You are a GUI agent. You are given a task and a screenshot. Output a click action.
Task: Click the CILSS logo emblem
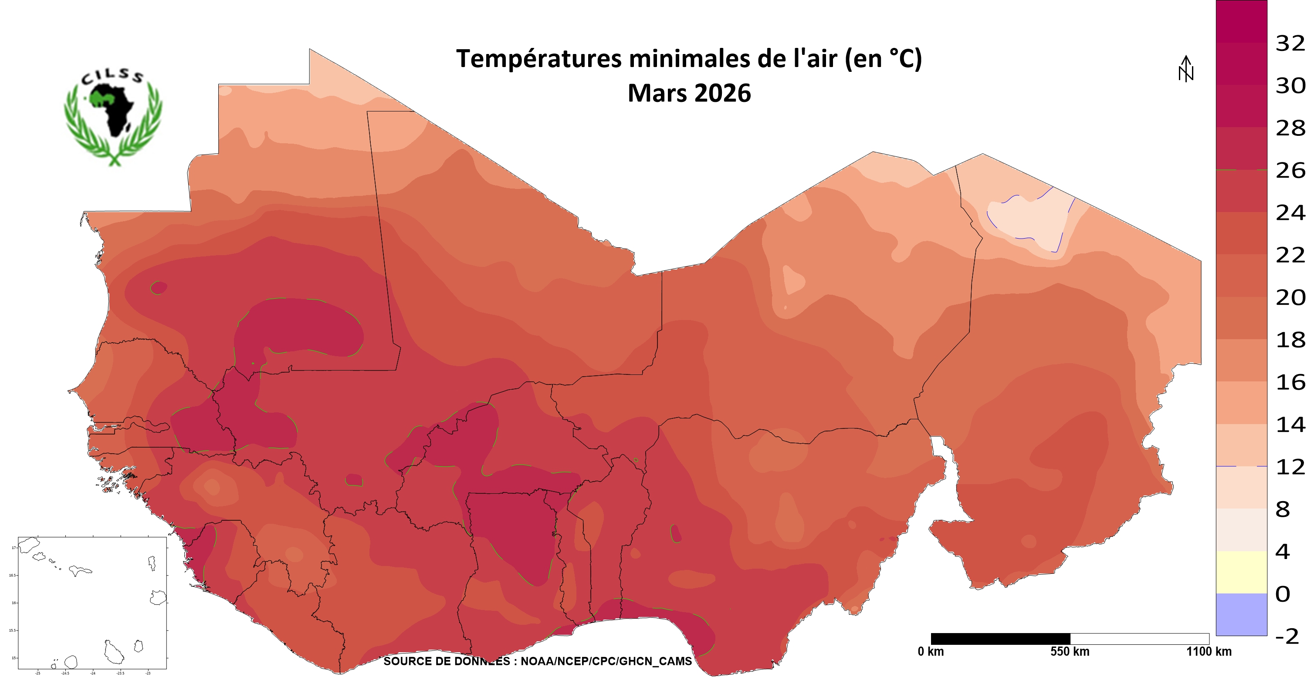(113, 116)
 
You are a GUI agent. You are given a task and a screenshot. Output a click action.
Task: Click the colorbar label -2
(1287, 636)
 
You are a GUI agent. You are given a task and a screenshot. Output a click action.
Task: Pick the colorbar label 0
(1283, 594)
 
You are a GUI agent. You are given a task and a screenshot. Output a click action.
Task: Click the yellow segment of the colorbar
(1241, 572)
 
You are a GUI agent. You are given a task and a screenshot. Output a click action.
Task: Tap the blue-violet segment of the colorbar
(1241, 614)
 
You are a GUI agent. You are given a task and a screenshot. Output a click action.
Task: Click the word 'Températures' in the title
(539, 59)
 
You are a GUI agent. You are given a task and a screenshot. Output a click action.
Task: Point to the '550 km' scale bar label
(1070, 651)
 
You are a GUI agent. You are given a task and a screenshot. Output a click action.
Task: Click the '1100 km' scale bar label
(1209, 651)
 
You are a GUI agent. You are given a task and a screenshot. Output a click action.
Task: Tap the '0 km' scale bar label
(931, 651)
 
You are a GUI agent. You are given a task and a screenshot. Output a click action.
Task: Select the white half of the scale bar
(1140, 638)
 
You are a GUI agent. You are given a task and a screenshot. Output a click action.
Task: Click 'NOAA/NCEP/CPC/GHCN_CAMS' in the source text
(606, 661)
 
